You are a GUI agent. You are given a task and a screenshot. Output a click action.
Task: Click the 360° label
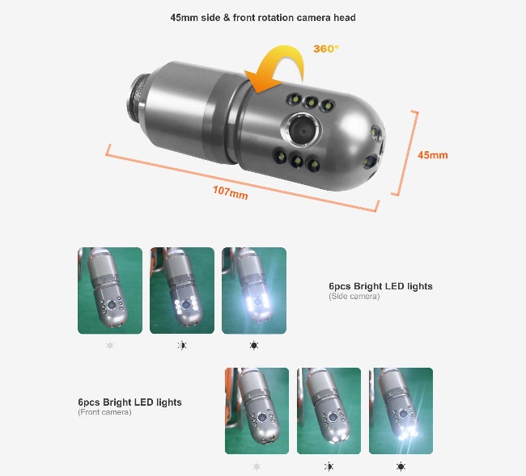326,49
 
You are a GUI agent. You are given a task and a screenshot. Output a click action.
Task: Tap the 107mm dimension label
231,192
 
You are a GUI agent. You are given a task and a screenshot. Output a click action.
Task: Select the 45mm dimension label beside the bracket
432,155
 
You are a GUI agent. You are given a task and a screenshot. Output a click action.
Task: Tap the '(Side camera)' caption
354,296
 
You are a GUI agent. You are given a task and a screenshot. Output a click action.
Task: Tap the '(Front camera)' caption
104,412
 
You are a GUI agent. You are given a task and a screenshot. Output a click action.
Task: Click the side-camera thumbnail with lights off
110,290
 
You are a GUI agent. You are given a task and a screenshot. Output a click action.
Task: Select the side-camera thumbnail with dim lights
182,290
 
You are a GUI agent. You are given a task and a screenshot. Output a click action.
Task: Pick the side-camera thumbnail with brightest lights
254,290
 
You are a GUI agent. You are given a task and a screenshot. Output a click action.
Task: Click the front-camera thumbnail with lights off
257,411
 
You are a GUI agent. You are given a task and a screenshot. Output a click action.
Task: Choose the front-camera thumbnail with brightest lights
401,411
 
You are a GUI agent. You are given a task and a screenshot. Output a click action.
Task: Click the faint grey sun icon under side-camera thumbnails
110,345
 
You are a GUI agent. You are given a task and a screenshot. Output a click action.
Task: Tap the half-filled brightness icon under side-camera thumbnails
182,345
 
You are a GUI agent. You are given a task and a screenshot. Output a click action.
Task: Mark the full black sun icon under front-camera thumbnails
401,466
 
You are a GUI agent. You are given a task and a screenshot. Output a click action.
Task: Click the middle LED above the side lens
311,102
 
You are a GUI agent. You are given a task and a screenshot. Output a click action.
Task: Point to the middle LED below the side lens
296,161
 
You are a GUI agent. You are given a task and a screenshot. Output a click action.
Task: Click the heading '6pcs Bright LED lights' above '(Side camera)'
380,286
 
